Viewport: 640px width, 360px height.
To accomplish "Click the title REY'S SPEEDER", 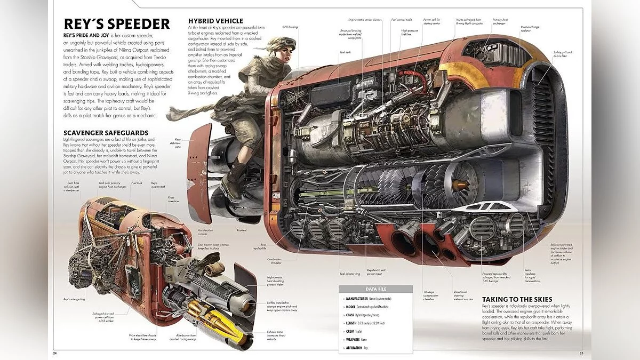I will pos(116,24).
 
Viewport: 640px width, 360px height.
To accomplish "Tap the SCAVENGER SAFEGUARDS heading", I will pos(105,132).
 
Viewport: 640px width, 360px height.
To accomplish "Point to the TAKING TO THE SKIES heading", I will pos(517,299).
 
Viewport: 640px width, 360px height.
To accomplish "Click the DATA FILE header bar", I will pos(375,289).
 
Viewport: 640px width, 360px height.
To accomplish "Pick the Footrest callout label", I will pos(242,231).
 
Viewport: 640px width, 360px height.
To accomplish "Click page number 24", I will pos(55,353).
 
